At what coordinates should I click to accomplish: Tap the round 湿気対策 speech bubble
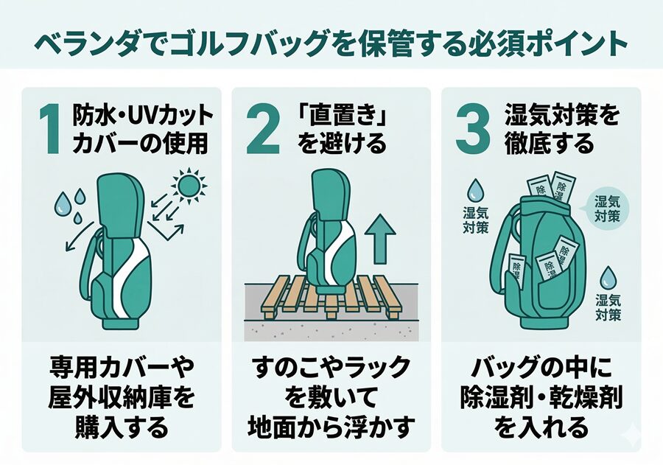608,209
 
